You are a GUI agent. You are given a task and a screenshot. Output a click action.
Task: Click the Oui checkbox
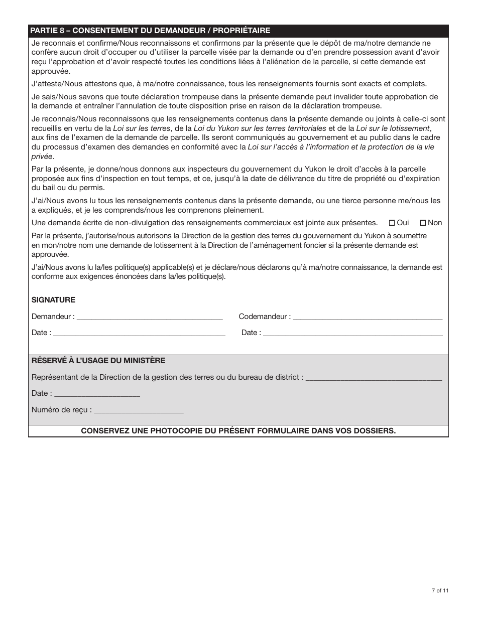pos(392,223)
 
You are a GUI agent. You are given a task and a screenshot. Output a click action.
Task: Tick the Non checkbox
pos(423,223)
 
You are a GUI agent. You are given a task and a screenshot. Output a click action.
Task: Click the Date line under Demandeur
pos(139,333)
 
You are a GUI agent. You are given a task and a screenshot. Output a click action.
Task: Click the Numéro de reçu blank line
pos(139,410)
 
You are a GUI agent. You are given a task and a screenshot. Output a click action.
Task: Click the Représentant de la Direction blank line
pos(374,378)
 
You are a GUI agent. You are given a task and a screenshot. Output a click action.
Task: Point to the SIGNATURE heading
pos(53,300)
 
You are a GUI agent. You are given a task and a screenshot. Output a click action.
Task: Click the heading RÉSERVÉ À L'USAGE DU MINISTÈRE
pos(98,361)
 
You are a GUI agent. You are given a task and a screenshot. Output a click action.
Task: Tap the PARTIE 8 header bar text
pos(150,31)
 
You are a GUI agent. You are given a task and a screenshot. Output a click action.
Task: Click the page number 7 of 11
pos(440,590)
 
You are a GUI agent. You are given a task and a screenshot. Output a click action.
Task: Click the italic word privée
pos(42,156)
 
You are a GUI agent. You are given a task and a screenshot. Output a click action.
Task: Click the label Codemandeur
pos(263,317)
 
